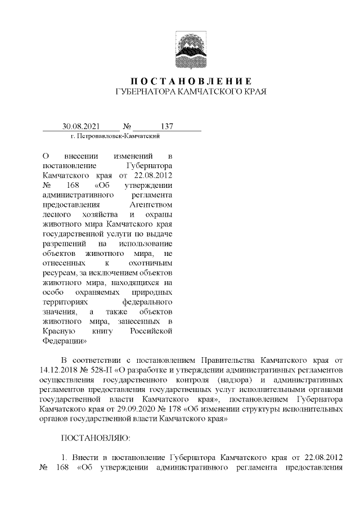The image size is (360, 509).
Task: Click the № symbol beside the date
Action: coord(127,126)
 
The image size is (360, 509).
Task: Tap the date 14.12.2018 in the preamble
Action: coord(61,370)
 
